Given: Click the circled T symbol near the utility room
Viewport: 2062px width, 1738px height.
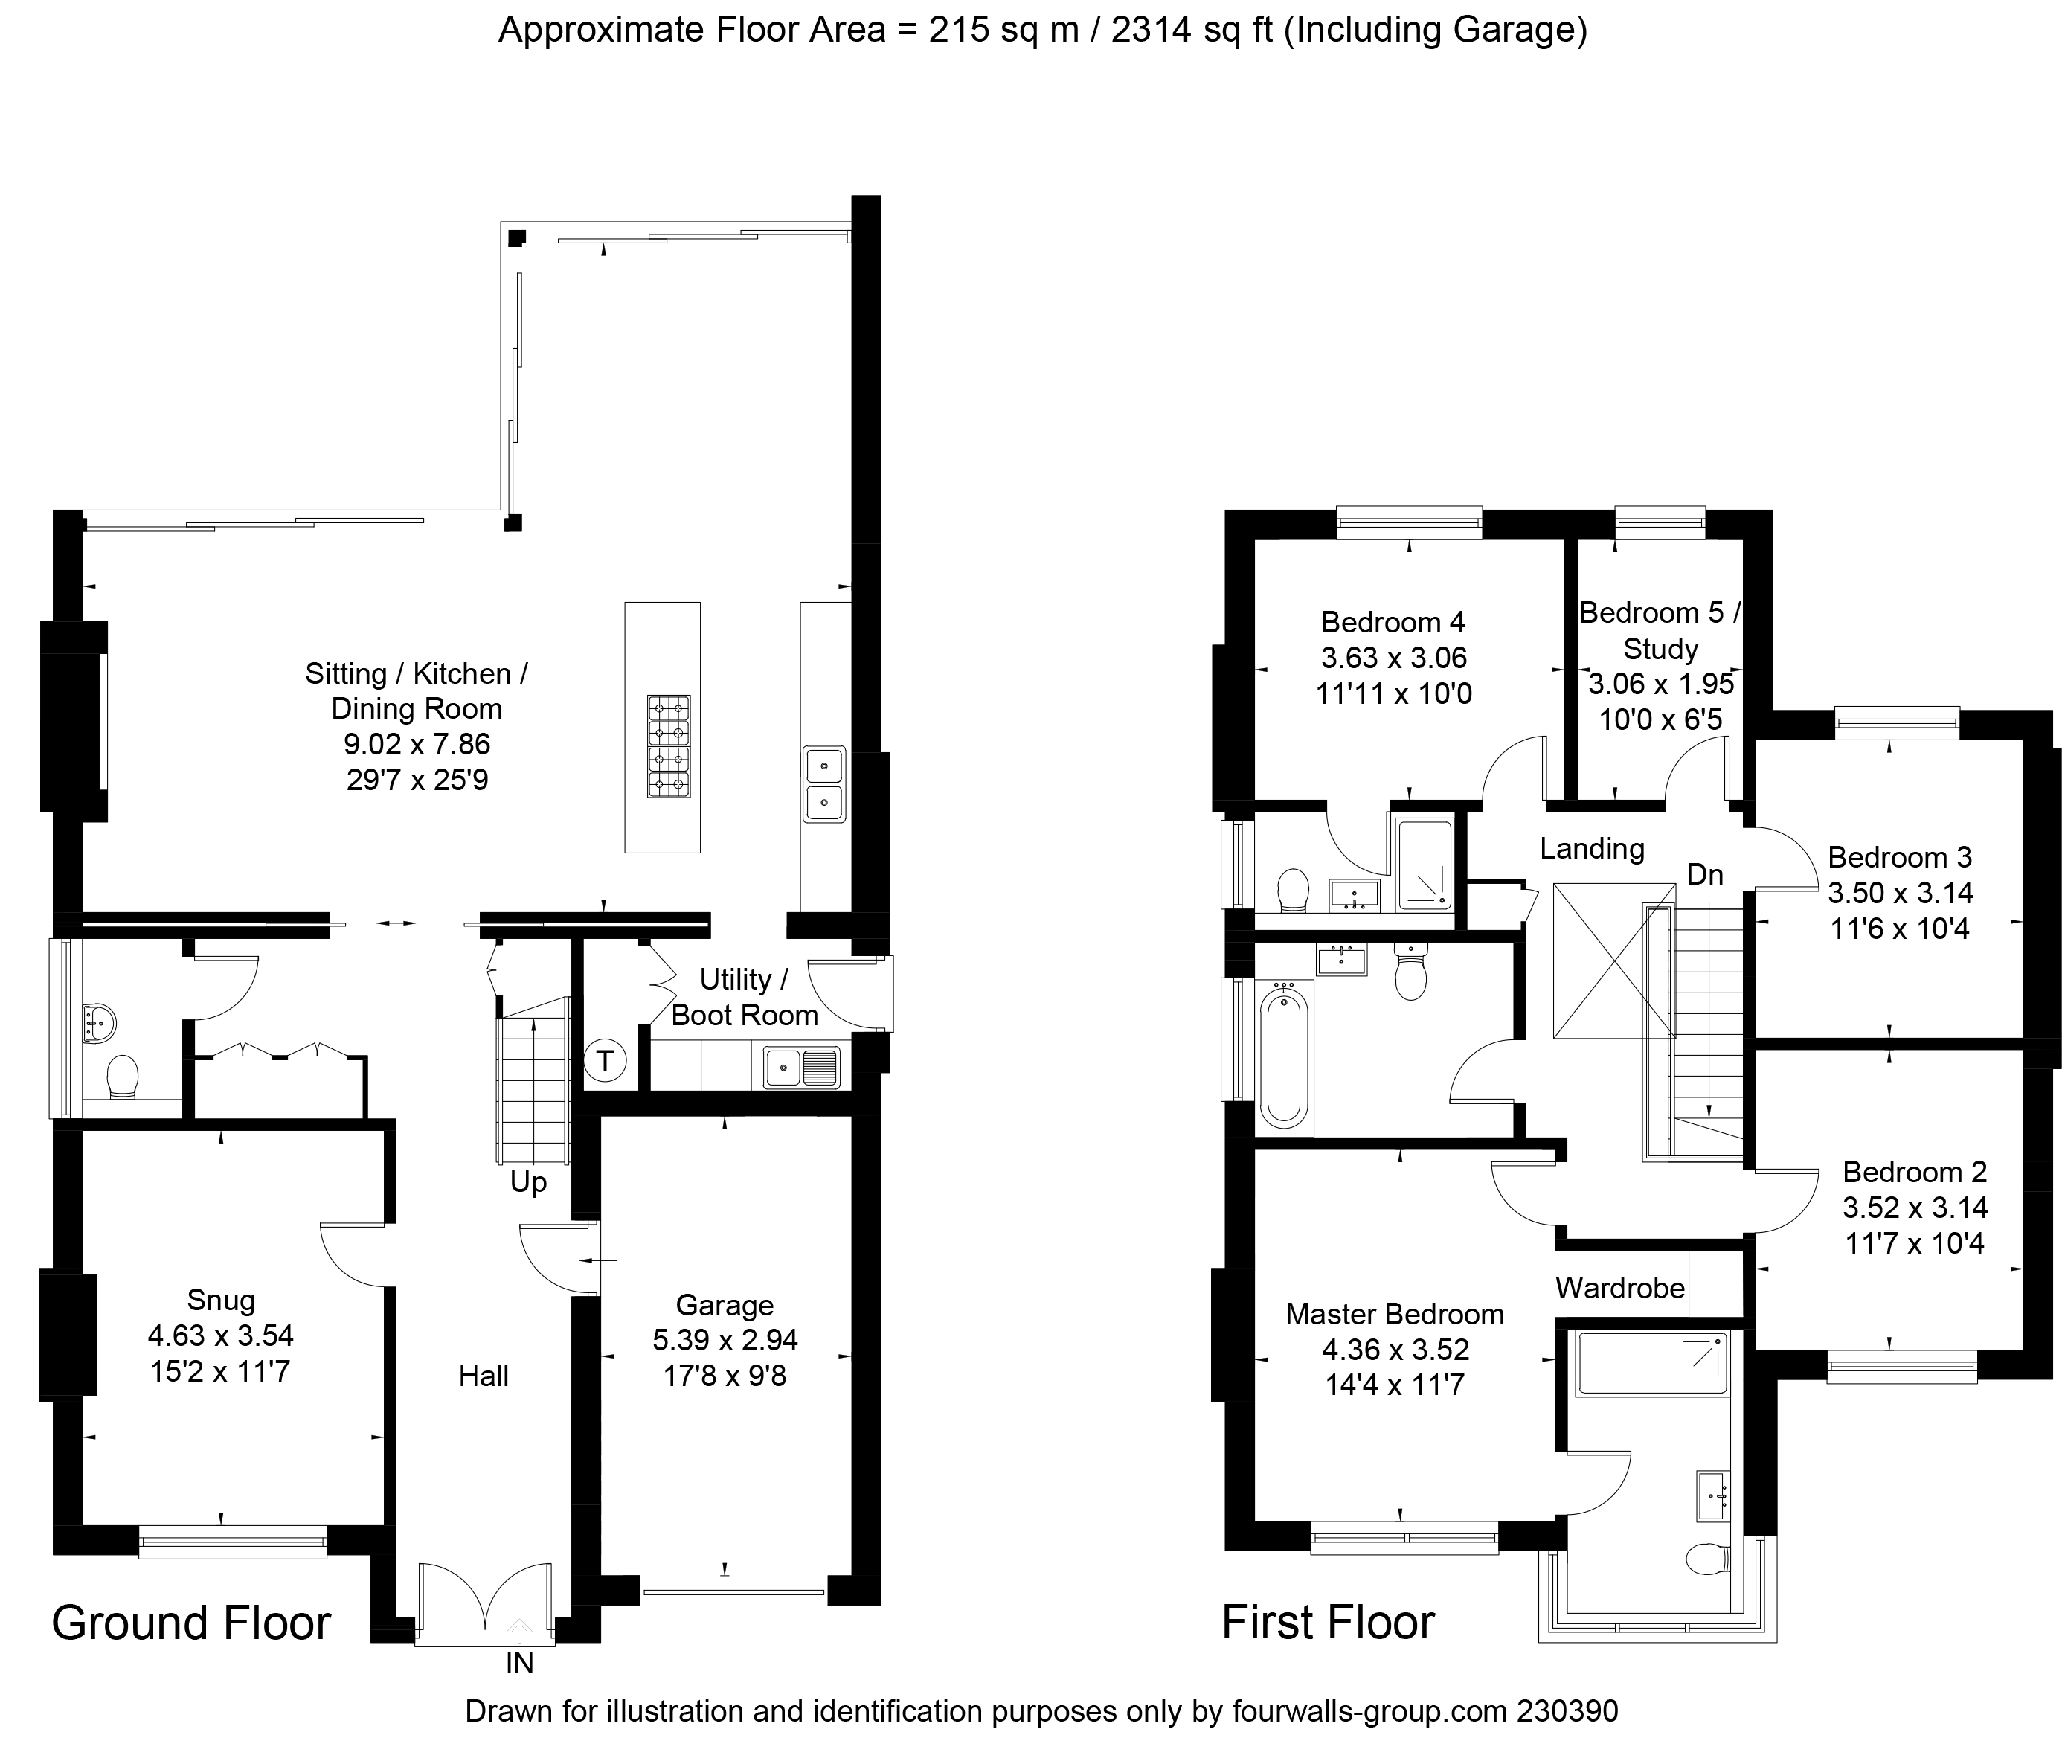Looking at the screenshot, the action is tap(605, 1061).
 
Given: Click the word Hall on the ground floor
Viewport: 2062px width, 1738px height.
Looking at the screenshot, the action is tap(484, 1376).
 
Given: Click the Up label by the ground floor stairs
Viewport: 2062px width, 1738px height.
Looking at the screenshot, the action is tap(528, 1182).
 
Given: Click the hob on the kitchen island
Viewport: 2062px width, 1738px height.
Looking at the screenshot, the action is tap(669, 745).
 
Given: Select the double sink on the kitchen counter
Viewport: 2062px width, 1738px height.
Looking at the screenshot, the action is tap(823, 784).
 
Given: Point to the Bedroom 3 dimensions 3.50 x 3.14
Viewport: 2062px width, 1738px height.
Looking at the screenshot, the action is tap(1901, 893).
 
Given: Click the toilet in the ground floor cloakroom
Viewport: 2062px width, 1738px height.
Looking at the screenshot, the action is tap(122, 1078).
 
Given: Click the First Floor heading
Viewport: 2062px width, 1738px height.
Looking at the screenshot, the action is tap(1328, 1623).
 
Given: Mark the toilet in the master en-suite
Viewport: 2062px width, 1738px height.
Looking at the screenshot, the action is tap(1707, 1559).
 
